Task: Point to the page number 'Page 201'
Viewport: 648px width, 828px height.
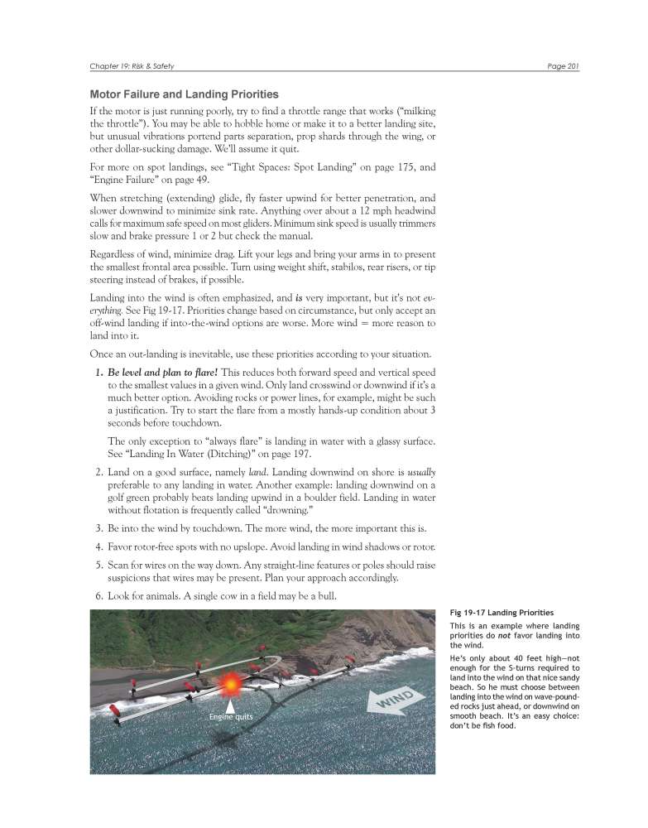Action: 562,66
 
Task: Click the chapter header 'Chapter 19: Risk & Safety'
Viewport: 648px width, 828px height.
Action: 132,66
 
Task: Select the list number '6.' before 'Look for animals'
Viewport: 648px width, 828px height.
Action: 99,596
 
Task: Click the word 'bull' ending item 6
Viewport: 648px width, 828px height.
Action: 306,596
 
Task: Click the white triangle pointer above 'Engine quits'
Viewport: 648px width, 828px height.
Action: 228,705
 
